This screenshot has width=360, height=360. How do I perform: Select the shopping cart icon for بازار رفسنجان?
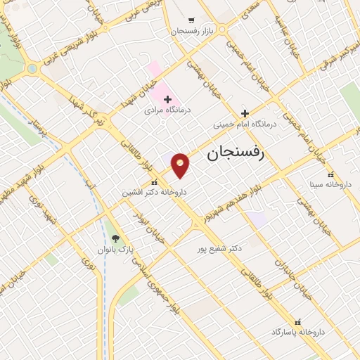pyautogui.click(x=192, y=20)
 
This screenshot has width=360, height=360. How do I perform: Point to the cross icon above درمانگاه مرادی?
pyautogui.click(x=167, y=100)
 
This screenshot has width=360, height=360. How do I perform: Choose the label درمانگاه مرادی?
pyautogui.click(x=168, y=110)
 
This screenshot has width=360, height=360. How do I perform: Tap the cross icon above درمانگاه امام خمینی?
pyautogui.click(x=245, y=113)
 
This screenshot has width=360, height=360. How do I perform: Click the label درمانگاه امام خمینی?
pyautogui.click(x=245, y=124)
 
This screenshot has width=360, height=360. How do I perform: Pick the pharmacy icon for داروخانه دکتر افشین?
pyautogui.click(x=155, y=183)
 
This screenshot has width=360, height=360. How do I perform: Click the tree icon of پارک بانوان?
pyautogui.click(x=116, y=239)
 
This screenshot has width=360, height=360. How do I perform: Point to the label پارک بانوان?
pyautogui.click(x=116, y=250)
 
